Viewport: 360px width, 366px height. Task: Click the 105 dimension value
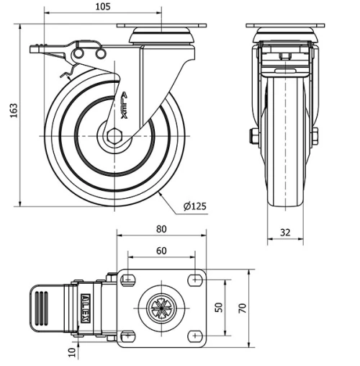102,7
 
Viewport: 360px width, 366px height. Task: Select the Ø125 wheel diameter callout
194,207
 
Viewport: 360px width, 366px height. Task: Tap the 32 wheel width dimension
286,233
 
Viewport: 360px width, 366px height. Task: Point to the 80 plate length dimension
161,229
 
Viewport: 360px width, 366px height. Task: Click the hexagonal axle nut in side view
114,135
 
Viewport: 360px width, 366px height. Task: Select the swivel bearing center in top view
160,308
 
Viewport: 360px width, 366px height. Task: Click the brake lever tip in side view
35,49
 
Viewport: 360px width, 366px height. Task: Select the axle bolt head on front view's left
253,136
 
